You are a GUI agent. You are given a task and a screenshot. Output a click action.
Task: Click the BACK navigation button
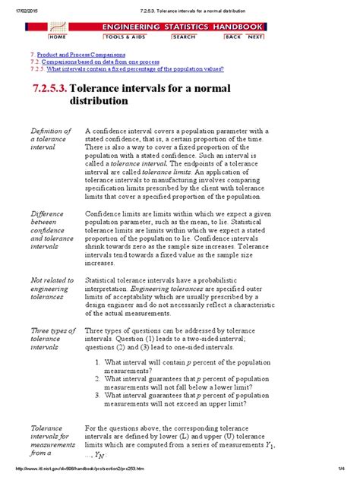click(x=233, y=36)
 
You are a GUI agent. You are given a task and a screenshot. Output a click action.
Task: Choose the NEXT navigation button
click(x=255, y=36)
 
